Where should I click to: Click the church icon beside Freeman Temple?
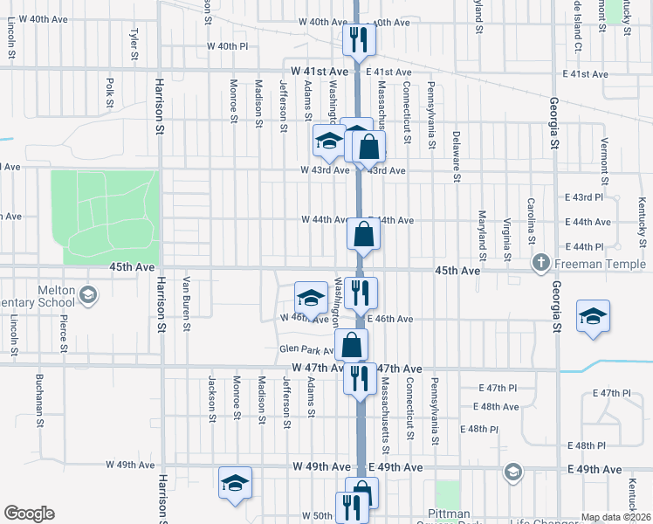(541, 263)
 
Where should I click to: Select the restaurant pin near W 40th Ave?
(359, 39)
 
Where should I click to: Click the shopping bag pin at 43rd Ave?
(369, 147)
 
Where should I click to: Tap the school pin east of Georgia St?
(593, 316)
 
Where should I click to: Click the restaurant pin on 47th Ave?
(359, 379)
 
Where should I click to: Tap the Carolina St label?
(531, 221)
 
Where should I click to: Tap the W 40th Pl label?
(228, 46)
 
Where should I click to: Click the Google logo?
(29, 514)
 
